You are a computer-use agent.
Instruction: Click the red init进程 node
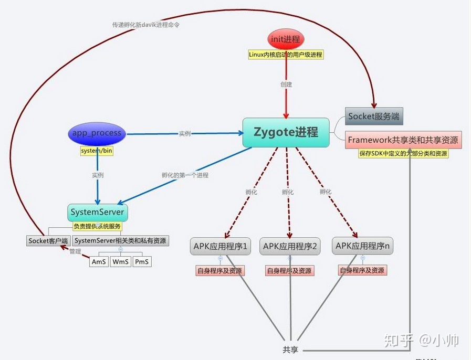click(286, 39)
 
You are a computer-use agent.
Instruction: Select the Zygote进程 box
click(287, 132)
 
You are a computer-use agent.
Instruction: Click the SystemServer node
click(97, 213)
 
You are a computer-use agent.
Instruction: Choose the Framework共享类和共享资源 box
click(403, 140)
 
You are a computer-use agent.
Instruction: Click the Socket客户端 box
click(48, 241)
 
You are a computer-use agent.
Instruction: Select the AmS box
click(99, 261)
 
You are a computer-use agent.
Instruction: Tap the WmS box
click(121, 261)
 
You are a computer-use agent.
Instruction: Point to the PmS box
click(142, 261)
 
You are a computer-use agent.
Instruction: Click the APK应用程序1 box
click(221, 246)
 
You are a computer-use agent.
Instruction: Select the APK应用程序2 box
click(290, 246)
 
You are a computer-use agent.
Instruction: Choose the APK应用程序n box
click(362, 246)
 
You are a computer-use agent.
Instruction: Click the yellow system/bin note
click(97, 151)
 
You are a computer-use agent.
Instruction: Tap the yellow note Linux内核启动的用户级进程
click(286, 54)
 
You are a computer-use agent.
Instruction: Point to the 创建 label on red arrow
click(286, 84)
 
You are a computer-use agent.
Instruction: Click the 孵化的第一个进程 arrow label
click(185, 175)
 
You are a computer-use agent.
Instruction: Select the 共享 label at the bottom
click(290, 350)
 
